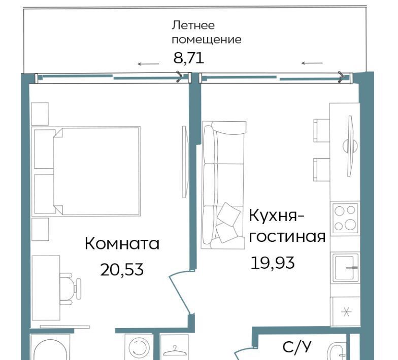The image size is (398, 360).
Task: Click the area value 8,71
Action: tap(189, 58)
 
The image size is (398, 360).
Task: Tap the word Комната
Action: tap(122, 243)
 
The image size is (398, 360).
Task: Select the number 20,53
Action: tap(122, 270)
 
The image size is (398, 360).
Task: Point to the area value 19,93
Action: tap(272, 263)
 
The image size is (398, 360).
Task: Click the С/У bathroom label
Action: tap(296, 347)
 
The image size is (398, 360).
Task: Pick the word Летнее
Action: tap(193, 25)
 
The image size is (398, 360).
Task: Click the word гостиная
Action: tap(287, 237)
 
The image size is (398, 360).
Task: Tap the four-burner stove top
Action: tap(344, 218)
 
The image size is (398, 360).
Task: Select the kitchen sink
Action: tap(345, 268)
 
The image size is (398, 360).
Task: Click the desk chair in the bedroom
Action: tap(70, 289)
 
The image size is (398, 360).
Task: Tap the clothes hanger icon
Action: tap(174, 351)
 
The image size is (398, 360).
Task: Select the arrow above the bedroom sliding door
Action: tap(148, 64)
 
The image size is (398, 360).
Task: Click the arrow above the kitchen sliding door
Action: tap(312, 63)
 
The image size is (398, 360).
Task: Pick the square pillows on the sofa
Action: tap(228, 222)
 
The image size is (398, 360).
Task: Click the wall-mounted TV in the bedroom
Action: tap(185, 161)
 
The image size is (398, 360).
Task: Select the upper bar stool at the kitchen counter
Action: tap(322, 131)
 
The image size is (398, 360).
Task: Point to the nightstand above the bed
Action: tap(40, 114)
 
